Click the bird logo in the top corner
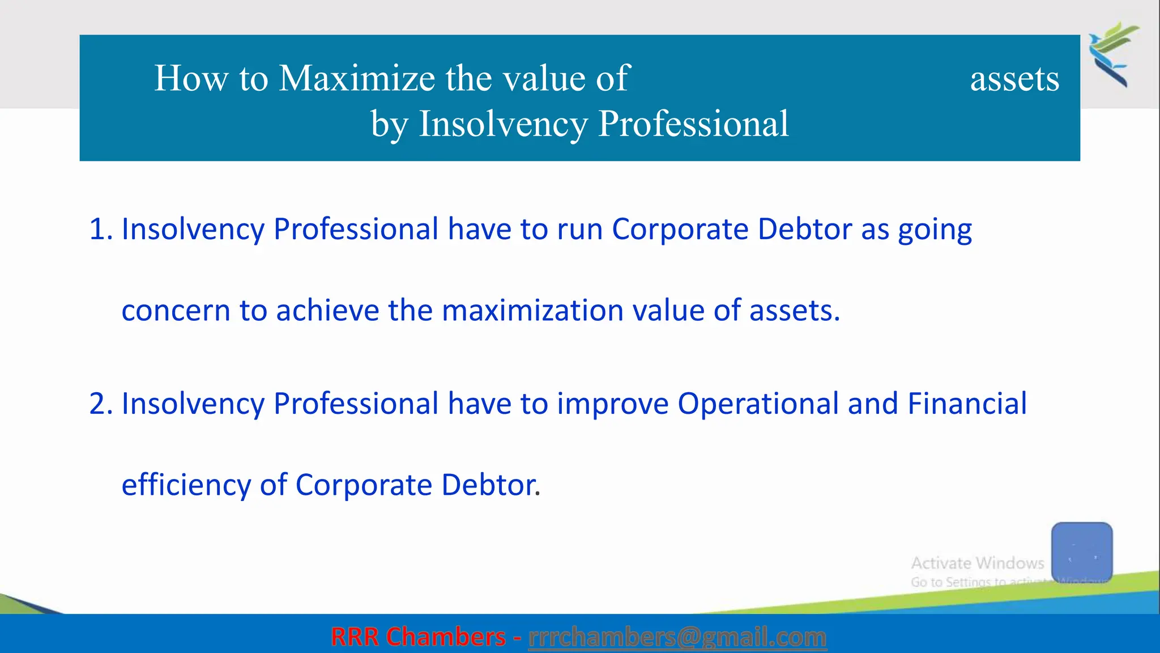pos(1114,54)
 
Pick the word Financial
pos(967,404)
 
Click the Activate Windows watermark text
pos(977,563)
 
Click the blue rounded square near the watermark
pos(1082,552)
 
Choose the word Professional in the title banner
pos(693,124)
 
